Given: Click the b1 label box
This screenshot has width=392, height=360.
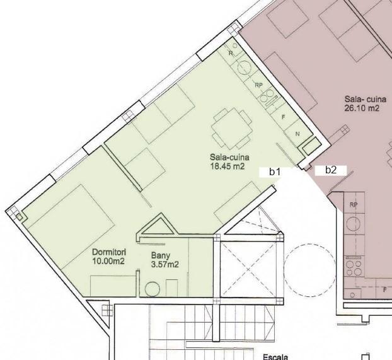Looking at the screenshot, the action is (275, 172).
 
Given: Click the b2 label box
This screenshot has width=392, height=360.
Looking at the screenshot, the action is (331, 170).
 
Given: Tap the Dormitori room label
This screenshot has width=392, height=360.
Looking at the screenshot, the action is (109, 252).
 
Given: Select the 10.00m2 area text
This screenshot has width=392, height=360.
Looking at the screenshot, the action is (108, 261).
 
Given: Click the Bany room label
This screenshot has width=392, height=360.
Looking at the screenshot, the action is (161, 255).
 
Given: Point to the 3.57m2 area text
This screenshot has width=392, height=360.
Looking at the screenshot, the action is (164, 264).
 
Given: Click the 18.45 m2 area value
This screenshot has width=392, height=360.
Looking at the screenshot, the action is (228, 166).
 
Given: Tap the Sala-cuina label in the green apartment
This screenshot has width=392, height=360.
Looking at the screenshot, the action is (229, 158).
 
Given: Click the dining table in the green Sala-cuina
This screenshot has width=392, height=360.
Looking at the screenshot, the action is (231, 129).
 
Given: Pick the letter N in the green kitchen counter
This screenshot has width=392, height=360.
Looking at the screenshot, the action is (297, 134).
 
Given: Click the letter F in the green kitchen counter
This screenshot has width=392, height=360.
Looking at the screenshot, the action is (283, 117).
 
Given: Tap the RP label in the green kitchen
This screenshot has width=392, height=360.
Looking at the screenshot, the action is (259, 85).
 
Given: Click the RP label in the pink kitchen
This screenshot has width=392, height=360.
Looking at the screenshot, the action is (354, 205).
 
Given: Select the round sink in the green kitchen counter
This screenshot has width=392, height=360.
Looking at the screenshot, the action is (245, 67).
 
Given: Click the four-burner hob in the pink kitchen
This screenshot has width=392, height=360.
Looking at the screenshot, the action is (354, 268).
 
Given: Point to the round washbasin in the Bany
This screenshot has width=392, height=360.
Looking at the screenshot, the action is (153, 289).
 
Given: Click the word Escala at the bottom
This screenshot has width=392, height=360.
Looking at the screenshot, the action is (275, 357).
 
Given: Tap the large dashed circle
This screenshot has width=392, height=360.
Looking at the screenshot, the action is (309, 270).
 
